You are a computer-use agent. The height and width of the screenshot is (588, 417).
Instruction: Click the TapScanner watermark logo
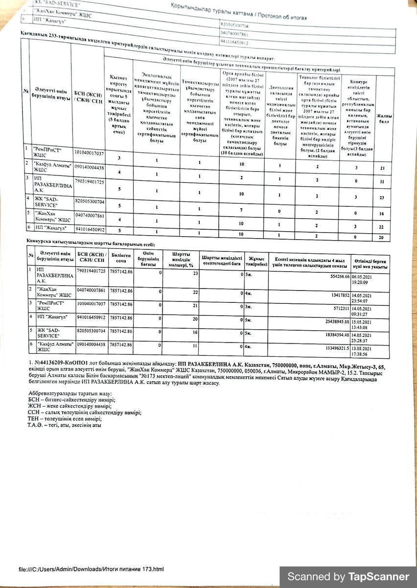click(x=348, y=577)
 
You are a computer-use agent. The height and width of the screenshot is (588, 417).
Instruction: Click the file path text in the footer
click(x=91, y=569)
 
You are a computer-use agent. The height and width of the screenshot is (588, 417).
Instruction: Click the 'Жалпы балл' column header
click(x=384, y=118)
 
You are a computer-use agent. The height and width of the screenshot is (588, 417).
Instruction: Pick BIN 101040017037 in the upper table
click(x=89, y=153)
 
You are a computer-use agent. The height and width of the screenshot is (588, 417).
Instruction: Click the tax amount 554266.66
click(x=333, y=276)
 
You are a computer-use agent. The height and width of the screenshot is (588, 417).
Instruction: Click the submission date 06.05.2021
click(x=363, y=276)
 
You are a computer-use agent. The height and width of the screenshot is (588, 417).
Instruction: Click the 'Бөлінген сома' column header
click(x=121, y=258)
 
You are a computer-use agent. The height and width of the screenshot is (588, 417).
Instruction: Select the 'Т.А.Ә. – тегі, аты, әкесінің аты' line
click(x=65, y=425)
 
